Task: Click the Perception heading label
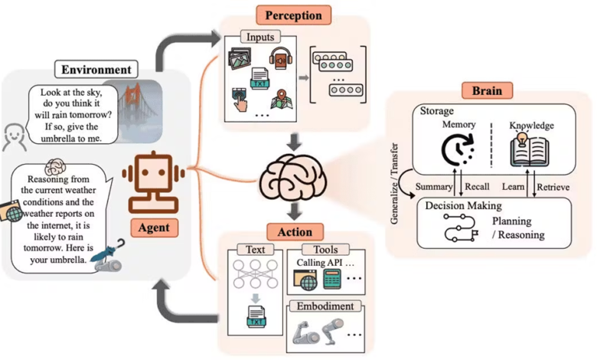[x=293, y=15]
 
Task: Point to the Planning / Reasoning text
[x=518, y=227]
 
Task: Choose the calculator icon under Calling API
[x=332, y=282]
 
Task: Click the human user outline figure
[x=14, y=138]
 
